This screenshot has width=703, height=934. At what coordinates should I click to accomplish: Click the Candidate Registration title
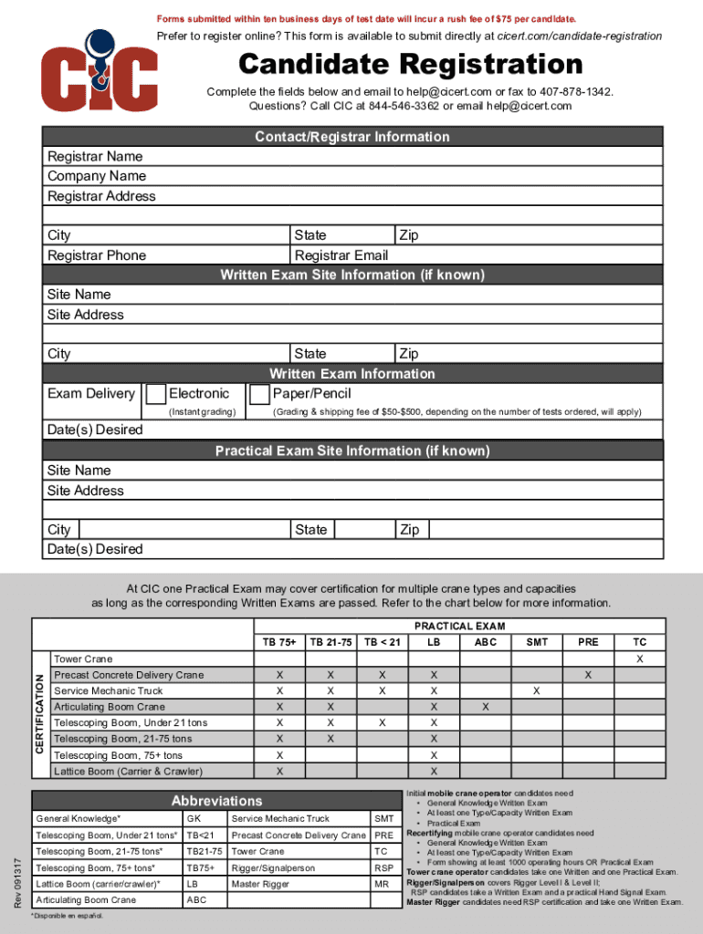(410, 65)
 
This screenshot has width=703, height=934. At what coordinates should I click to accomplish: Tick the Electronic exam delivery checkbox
(155, 394)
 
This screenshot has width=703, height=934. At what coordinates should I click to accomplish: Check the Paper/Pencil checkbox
(259, 394)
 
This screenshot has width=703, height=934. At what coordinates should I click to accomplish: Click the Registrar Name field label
(95, 157)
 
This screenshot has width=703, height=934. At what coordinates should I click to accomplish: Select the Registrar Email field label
(341, 255)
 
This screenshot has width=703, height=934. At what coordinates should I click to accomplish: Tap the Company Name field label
(97, 176)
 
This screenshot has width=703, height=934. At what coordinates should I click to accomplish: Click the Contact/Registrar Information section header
(351, 137)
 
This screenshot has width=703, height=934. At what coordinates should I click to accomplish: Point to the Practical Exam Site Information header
(351, 451)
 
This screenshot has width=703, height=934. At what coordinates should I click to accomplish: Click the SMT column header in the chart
(537, 642)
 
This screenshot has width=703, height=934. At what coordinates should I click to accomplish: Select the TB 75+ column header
(279, 642)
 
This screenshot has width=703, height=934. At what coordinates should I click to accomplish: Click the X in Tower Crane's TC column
(639, 659)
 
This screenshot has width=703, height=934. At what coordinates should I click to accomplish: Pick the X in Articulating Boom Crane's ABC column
(486, 707)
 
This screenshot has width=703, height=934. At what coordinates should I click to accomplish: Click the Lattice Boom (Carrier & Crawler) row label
(128, 772)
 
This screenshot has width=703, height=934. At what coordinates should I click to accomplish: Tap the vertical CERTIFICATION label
(40, 714)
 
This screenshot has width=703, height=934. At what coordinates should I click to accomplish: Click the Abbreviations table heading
(216, 800)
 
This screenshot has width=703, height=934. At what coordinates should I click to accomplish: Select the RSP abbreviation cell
(383, 867)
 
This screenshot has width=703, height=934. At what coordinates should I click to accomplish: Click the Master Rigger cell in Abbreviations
(261, 884)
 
